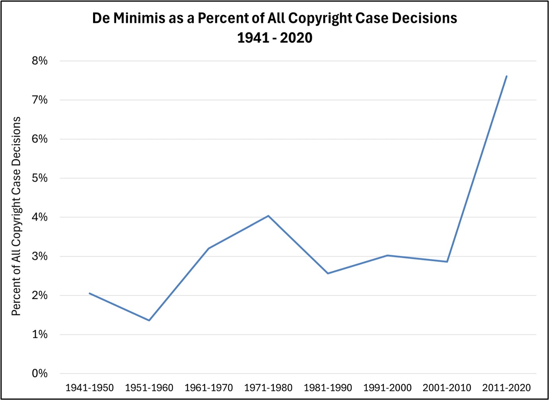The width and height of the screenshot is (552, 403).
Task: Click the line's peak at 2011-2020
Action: pos(506,76)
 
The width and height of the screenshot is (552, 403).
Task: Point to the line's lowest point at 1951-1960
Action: pos(149,320)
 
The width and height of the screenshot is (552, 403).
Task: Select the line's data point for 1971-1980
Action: pos(268,216)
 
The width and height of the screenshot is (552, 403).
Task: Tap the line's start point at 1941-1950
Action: pos(89,293)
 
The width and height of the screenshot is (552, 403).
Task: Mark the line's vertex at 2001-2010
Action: pos(447,262)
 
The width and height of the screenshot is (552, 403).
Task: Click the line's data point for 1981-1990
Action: pos(328,273)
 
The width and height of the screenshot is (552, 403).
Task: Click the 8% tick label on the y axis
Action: pos(40,61)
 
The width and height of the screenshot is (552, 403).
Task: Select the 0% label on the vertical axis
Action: pos(40,374)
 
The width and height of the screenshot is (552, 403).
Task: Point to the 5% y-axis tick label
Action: pos(40,178)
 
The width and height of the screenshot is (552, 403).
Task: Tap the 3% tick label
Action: pos(40,256)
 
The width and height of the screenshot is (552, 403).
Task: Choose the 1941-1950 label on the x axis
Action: pos(89,388)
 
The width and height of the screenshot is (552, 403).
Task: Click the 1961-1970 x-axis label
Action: pos(209,388)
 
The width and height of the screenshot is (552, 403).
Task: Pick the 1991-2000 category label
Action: pos(387,388)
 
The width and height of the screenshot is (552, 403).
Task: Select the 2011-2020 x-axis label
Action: pos(506,388)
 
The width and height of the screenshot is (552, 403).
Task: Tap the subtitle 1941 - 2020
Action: pos(275,38)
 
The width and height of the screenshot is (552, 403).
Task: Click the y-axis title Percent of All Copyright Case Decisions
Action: pos(16,216)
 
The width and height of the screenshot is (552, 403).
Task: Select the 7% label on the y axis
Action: pos(40,100)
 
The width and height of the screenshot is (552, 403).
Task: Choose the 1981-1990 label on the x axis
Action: pos(328,388)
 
